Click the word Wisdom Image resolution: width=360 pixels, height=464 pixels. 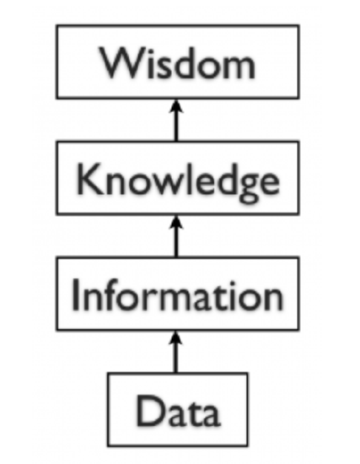(x=178, y=63)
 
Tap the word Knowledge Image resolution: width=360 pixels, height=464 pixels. (x=178, y=181)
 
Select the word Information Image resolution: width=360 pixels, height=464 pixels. (x=178, y=294)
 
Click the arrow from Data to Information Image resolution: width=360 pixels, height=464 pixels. (x=176, y=352)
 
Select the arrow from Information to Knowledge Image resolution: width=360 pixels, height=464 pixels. (x=176, y=236)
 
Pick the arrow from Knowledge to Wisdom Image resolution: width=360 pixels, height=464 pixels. (x=176, y=121)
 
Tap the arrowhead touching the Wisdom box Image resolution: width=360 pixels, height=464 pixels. (x=176, y=106)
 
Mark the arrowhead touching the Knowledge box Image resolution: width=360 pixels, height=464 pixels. (x=176, y=222)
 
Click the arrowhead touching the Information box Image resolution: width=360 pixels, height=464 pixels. (x=176, y=337)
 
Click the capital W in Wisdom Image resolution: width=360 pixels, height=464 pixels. (x=121, y=63)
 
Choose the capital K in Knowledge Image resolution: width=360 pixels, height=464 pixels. (x=89, y=180)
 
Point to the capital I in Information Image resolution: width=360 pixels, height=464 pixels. (x=75, y=294)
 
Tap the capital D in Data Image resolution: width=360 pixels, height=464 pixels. (x=151, y=410)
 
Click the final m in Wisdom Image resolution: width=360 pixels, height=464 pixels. (x=238, y=68)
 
